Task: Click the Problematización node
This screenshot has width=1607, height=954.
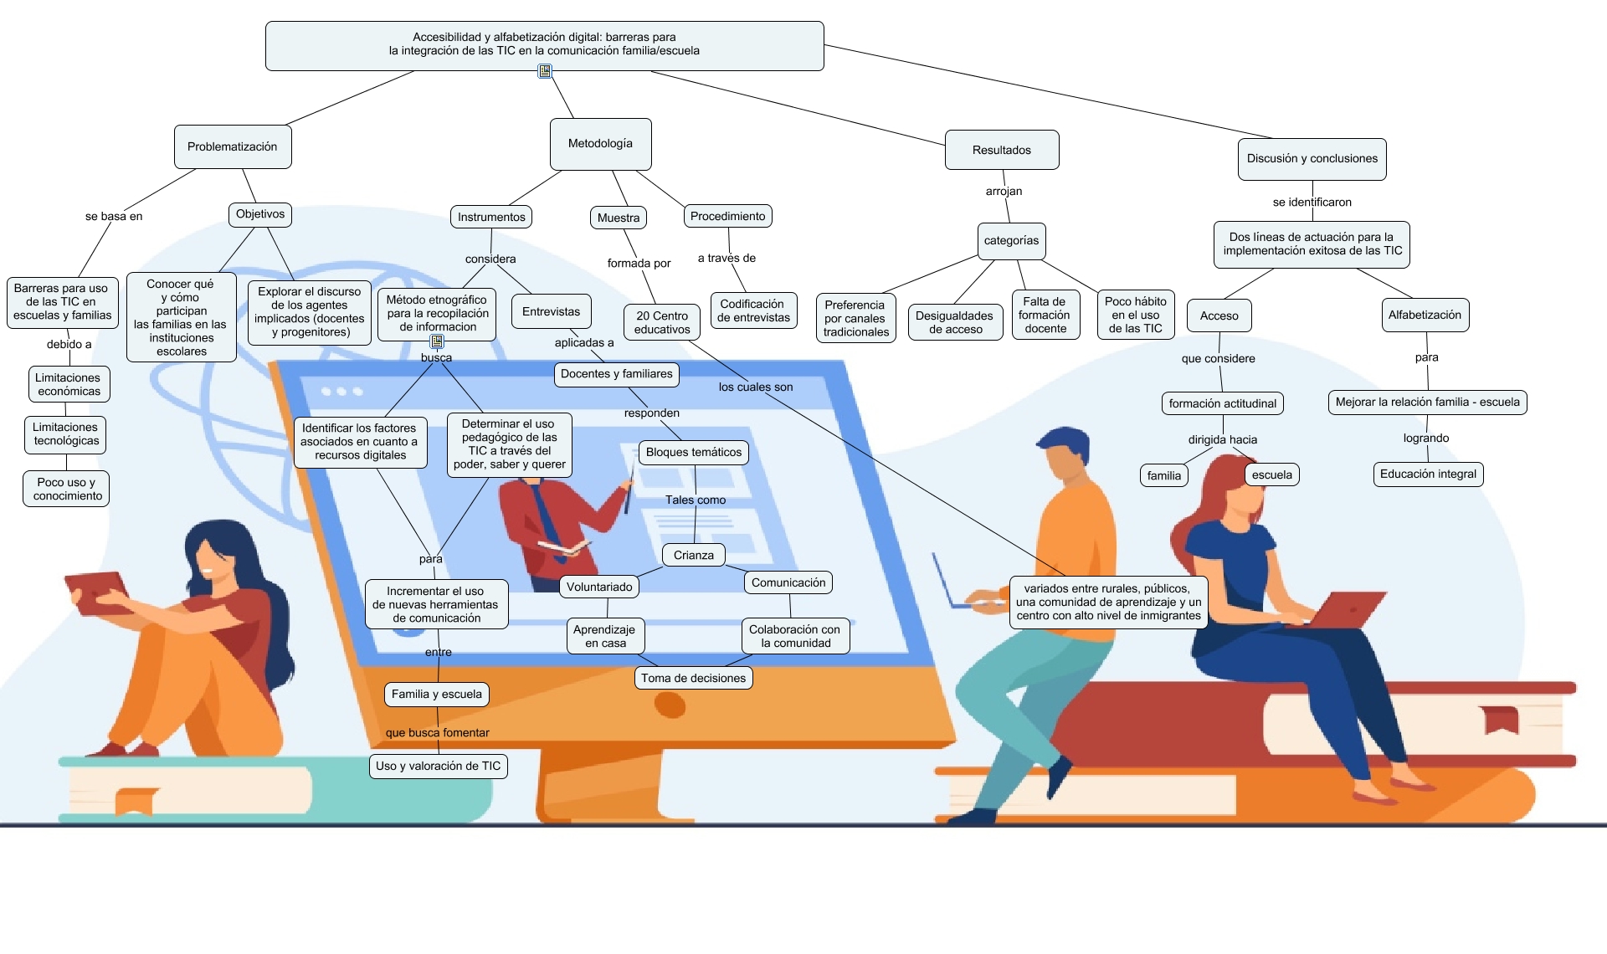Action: pyautogui.click(x=232, y=146)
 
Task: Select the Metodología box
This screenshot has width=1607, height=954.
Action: pyautogui.click(x=600, y=144)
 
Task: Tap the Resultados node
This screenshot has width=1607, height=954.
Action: pyautogui.click(x=1002, y=150)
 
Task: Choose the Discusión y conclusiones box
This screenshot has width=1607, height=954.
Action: pyautogui.click(x=1312, y=159)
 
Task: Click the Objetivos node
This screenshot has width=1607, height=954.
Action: pyautogui.click(x=260, y=214)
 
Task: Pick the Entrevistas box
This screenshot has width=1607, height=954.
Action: pyautogui.click(x=551, y=311)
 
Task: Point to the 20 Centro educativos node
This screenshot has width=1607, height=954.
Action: pyautogui.click(x=661, y=322)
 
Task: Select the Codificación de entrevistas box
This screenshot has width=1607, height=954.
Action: pyautogui.click(x=753, y=310)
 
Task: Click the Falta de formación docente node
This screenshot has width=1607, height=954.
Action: pyautogui.click(x=1045, y=315)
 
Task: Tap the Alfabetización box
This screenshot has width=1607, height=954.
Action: pyautogui.click(x=1425, y=315)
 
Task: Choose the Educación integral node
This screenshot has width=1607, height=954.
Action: pyautogui.click(x=1428, y=474)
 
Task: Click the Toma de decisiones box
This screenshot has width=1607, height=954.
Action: pyautogui.click(x=693, y=678)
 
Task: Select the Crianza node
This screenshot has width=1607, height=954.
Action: pyautogui.click(x=694, y=555)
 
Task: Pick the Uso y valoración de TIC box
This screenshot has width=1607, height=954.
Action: pyautogui.click(x=438, y=766)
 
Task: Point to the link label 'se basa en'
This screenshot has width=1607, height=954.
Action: pyautogui.click(x=114, y=217)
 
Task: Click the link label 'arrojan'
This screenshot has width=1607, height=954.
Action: pyautogui.click(x=1004, y=192)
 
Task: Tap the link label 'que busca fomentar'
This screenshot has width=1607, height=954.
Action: pyautogui.click(x=437, y=733)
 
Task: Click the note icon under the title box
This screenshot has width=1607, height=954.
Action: pyautogui.click(x=545, y=71)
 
